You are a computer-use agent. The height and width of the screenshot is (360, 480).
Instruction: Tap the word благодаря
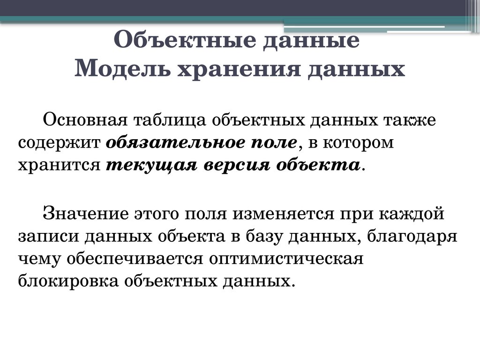coord(412,236)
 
